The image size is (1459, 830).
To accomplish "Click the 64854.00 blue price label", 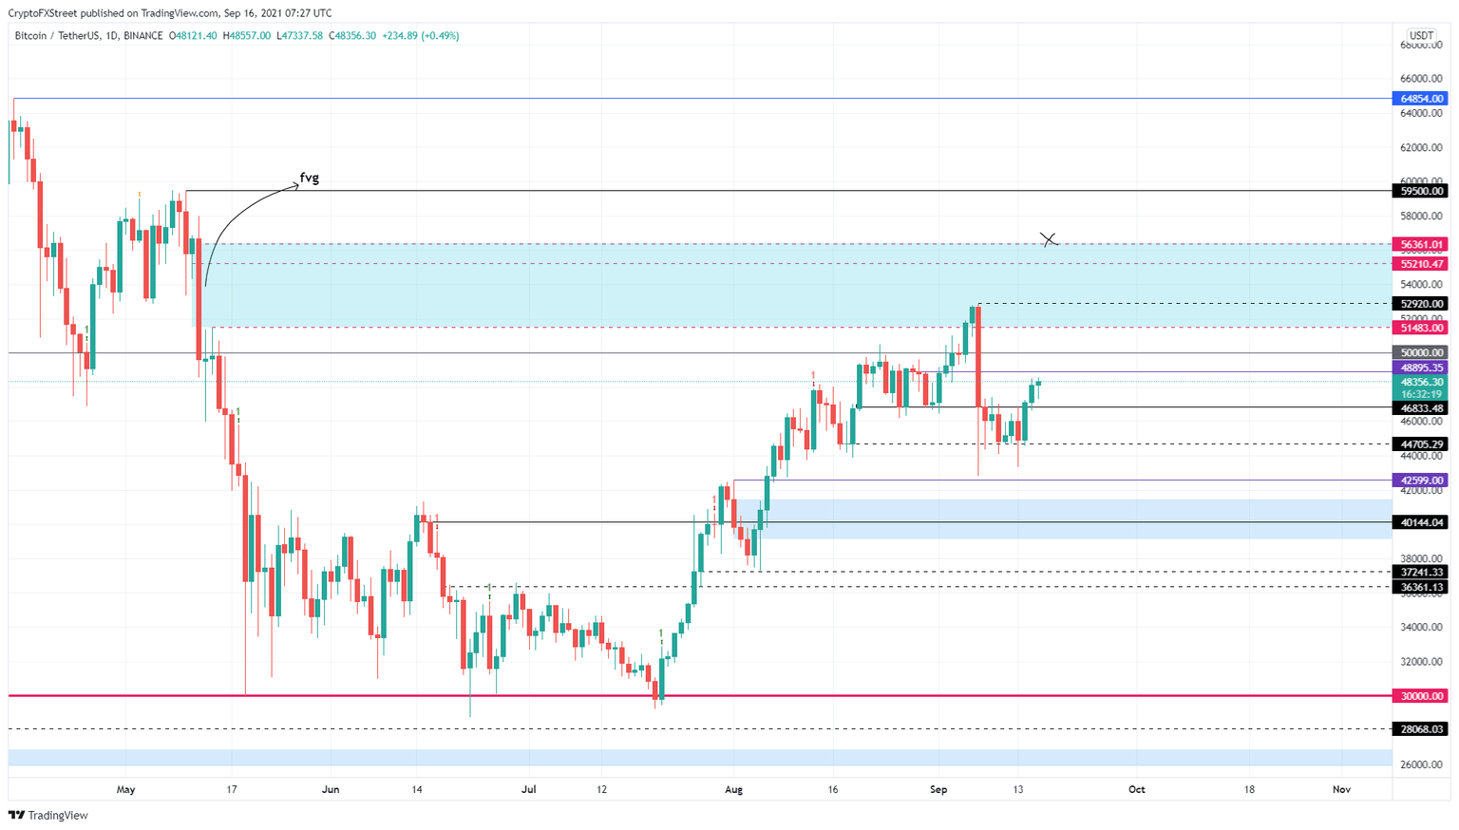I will (1420, 99).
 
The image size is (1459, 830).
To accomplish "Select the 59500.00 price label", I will (1420, 191).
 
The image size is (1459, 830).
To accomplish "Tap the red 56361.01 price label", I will (1420, 244).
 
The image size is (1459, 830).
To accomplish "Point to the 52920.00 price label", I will (1420, 304).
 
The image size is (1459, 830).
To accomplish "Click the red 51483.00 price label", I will (1420, 328).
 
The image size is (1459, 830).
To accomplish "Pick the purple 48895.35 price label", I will (1420, 368).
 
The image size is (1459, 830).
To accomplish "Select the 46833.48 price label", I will (1420, 408).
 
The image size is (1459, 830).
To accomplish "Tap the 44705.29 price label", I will (1420, 443).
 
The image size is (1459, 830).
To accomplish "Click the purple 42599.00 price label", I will (1420, 481).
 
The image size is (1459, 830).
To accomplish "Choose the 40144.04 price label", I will (1420, 522).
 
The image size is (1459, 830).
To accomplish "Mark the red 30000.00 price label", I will (1420, 696).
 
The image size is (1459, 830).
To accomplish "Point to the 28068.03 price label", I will (1420, 729).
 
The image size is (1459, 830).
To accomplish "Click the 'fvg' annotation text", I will (309, 178).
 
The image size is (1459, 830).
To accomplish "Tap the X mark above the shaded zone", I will (1049, 239).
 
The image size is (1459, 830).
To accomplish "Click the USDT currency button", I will (1421, 36).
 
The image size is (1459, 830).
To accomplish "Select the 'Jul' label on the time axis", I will (529, 789).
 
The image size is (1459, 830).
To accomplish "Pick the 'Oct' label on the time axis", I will (1136, 789).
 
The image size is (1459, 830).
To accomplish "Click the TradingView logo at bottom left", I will (48, 815).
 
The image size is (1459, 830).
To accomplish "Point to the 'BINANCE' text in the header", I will (143, 36).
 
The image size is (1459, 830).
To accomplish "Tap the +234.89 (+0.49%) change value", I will (421, 36).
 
